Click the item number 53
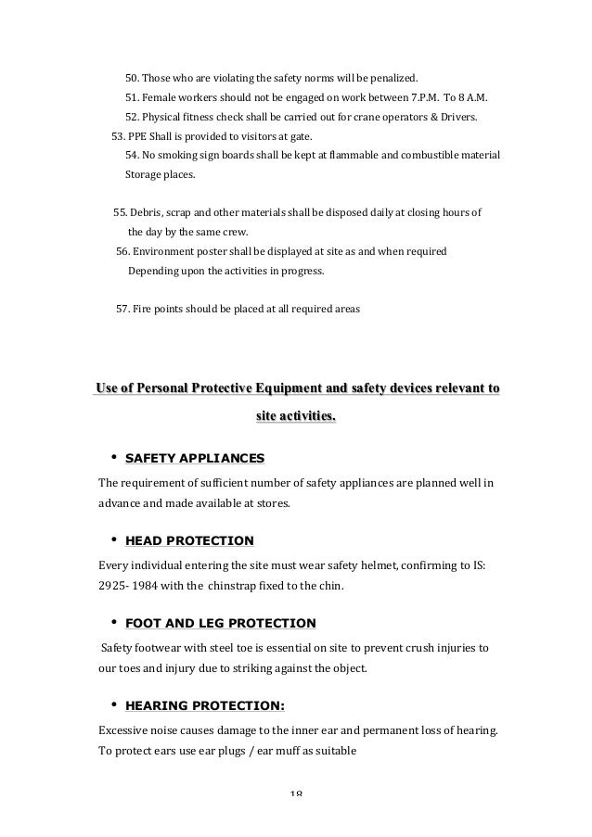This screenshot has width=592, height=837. tap(118, 135)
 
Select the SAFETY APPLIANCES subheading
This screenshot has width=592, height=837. tap(194, 458)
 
